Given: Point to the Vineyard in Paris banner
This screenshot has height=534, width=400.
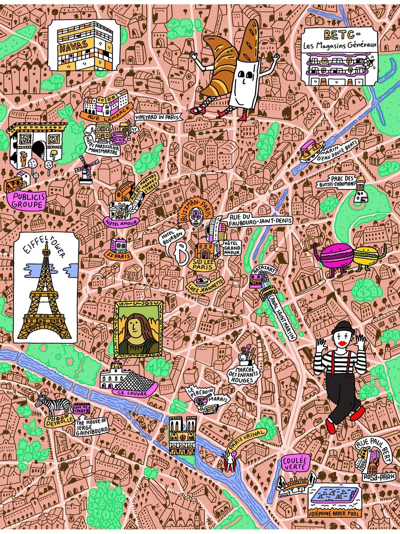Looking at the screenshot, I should (x=158, y=117).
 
